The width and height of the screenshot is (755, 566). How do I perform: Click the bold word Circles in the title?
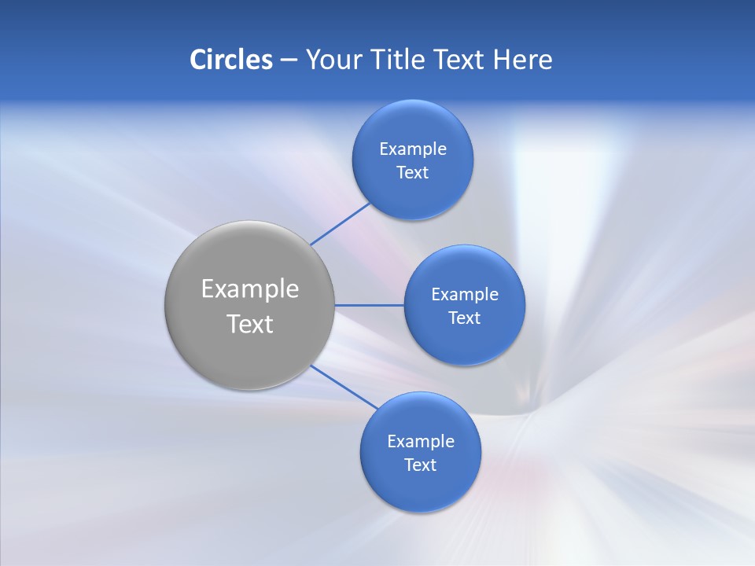tap(231, 60)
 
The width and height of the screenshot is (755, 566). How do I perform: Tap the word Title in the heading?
tap(396, 60)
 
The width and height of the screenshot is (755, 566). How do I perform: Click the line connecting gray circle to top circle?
tap(340, 223)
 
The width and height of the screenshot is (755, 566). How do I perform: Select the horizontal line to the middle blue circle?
tap(369, 305)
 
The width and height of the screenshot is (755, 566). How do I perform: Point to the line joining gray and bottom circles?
tap(344, 388)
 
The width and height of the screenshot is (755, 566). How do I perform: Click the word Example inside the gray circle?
tap(250, 289)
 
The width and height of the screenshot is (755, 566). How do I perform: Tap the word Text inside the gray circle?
tap(250, 324)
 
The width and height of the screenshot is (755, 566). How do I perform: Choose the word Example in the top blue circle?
tap(413, 149)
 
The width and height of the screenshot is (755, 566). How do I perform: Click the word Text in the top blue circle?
tap(412, 173)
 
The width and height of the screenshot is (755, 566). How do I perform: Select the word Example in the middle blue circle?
tap(465, 295)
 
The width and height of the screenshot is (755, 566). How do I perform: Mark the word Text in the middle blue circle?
tap(464, 318)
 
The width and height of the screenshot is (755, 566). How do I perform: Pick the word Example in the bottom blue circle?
tap(421, 442)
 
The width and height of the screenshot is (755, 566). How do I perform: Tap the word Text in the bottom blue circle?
tap(420, 465)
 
